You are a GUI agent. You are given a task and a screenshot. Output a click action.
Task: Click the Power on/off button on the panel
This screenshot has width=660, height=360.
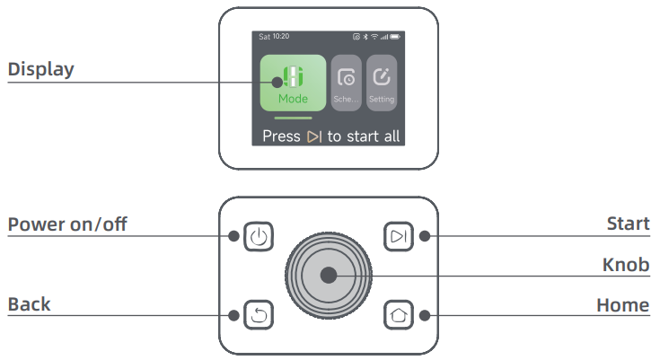(259, 236)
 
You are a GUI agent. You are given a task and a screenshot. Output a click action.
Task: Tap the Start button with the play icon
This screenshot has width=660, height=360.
(398, 236)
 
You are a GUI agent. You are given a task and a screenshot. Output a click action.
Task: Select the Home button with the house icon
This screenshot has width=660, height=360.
(398, 314)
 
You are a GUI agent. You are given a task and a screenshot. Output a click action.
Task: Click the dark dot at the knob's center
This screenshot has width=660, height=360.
(329, 276)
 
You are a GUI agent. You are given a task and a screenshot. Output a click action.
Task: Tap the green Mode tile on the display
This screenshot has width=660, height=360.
(293, 83)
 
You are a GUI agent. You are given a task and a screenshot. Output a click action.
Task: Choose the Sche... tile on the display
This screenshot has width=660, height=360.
(346, 83)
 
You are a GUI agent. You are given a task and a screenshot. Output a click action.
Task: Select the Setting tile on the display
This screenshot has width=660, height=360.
(382, 83)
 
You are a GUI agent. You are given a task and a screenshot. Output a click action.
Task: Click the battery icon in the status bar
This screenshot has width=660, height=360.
(395, 37)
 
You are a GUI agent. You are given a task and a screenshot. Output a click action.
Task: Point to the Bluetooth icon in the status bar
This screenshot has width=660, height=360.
(365, 37)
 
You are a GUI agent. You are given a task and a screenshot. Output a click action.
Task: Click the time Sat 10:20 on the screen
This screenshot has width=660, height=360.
(274, 37)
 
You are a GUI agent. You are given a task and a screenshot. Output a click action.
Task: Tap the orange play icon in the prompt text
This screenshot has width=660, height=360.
(314, 136)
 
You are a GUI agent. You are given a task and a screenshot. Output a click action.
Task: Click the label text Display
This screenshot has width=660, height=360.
(40, 69)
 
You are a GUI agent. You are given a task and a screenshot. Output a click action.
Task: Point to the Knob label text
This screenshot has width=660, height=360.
(626, 265)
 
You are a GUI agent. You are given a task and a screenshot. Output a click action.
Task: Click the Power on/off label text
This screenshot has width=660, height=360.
(67, 224)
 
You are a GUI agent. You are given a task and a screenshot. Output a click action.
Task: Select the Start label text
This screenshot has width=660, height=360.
(628, 224)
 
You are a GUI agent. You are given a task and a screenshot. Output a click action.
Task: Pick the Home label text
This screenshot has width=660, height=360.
(623, 305)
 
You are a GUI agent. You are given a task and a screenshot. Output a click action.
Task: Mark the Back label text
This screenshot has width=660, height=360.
(29, 304)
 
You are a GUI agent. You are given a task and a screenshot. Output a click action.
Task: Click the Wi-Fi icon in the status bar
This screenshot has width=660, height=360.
(374, 37)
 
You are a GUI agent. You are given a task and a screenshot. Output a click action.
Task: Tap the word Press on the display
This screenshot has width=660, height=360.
(281, 136)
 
